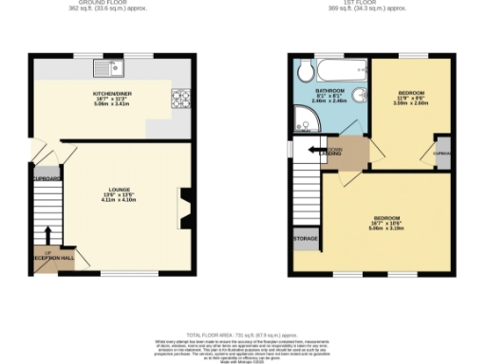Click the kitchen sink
click(115, 67)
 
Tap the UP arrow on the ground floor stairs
click(47, 236)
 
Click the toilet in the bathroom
click(305, 71)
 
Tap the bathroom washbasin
click(360, 98)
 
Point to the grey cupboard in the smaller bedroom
click(442, 155)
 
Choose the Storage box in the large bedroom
click(305, 238)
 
